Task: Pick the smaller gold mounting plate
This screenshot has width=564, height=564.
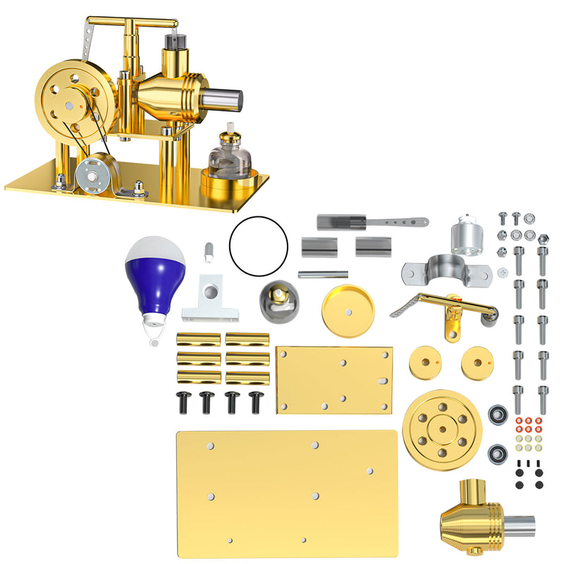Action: click(x=333, y=379)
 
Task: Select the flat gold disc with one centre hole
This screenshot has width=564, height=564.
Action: click(x=348, y=310)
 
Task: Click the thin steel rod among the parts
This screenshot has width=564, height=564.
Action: click(x=322, y=275)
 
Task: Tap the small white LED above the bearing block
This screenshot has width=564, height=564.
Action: click(x=208, y=250)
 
